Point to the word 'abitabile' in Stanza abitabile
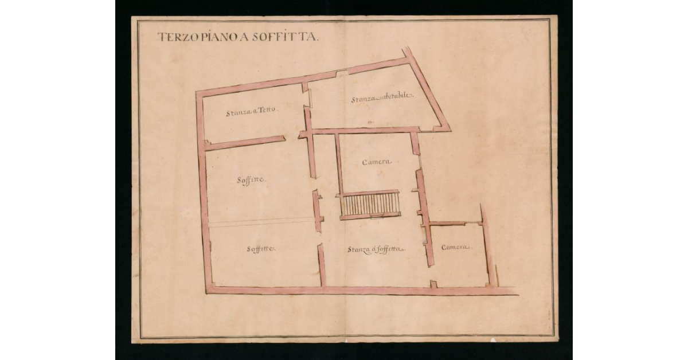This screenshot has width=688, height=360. click(x=396, y=98)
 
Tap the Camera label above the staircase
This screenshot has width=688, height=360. click(x=377, y=162)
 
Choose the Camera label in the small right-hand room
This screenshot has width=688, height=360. click(x=456, y=247)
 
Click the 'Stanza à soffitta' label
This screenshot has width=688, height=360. click(x=376, y=249)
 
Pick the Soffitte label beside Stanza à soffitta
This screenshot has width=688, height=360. click(x=261, y=249)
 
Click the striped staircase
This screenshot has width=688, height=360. click(x=370, y=204)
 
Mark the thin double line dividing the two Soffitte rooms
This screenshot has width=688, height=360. click(x=261, y=222)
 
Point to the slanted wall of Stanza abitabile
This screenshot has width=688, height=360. click(x=427, y=89)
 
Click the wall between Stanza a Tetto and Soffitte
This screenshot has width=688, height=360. click(x=245, y=143)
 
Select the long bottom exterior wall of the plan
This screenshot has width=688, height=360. click(x=361, y=291)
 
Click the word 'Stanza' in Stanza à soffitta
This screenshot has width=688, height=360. click(x=359, y=249)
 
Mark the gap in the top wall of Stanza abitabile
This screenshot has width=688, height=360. click(x=342, y=72)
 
